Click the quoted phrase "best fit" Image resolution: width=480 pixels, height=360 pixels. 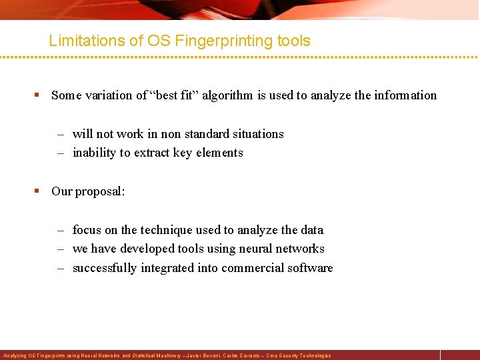coord(175,95)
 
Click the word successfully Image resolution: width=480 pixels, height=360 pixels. coord(105,268)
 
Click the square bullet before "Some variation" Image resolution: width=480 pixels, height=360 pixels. coord(38,95)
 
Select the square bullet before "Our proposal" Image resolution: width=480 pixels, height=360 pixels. coord(38,191)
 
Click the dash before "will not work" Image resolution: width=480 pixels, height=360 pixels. coord(60,134)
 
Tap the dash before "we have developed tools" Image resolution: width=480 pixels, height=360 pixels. coord(60,249)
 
